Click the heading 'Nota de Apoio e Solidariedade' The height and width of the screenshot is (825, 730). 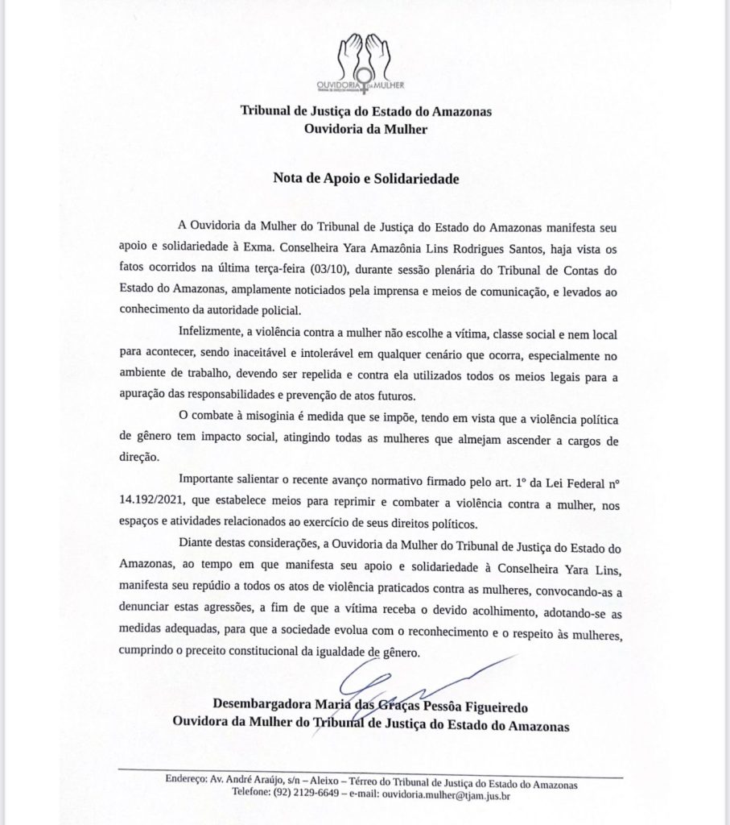(366, 178)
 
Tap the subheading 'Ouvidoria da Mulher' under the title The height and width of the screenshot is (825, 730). (366, 126)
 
